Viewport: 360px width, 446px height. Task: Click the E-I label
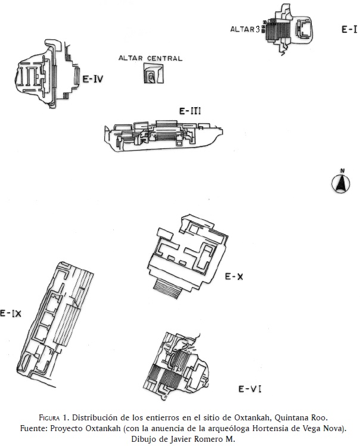click(x=349, y=29)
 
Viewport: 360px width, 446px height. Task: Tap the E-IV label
click(x=93, y=79)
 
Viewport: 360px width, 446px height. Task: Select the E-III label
click(x=190, y=111)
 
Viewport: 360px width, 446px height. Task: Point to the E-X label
click(x=234, y=276)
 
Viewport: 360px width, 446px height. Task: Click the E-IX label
click(x=11, y=313)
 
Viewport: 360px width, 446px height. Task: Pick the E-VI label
click(x=250, y=389)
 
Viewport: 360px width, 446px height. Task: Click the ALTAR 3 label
click(x=245, y=29)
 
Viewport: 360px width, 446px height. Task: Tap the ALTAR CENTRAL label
click(x=150, y=58)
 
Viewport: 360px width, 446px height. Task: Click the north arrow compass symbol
click(x=341, y=183)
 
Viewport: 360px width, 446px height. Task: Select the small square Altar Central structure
click(x=154, y=73)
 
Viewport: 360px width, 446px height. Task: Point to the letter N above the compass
click(x=342, y=171)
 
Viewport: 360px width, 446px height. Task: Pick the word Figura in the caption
click(x=49, y=418)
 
